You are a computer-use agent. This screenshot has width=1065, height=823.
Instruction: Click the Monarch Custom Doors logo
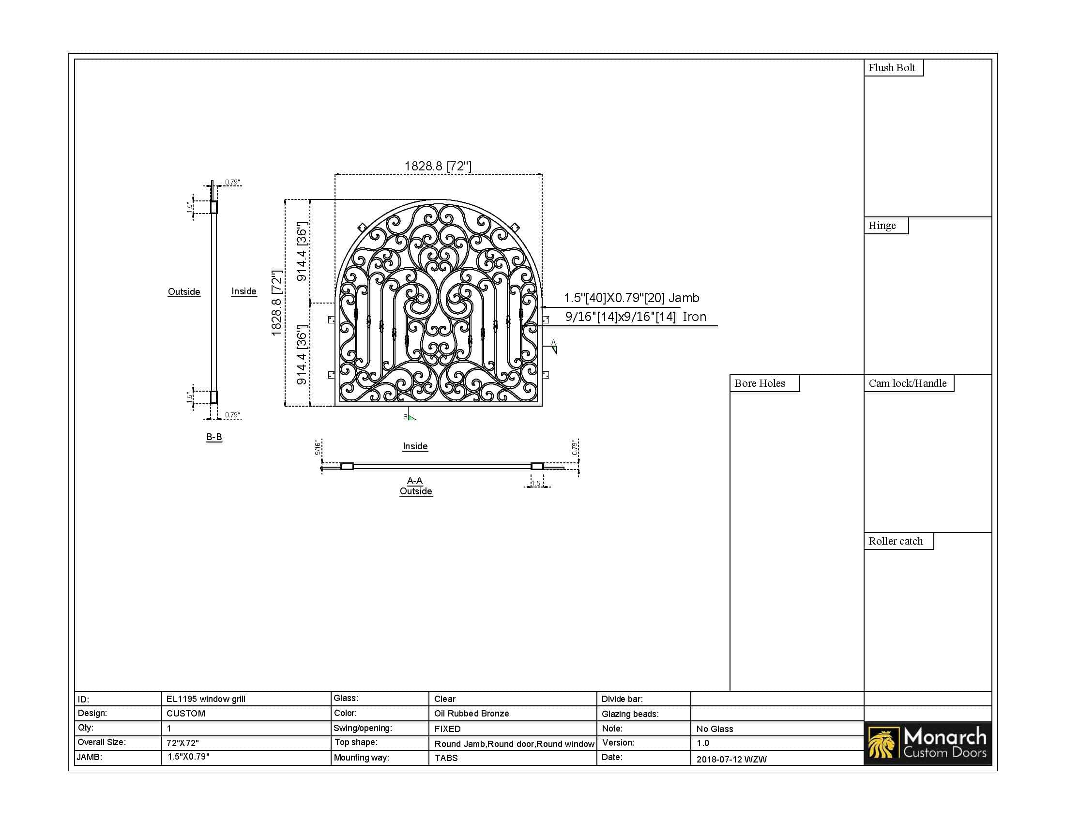coord(928,743)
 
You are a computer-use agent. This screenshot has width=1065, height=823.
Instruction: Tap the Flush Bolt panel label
coord(891,68)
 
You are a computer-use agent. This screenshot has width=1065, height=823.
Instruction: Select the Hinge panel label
coord(882,226)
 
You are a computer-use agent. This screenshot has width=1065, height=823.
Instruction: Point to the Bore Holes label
coord(760,383)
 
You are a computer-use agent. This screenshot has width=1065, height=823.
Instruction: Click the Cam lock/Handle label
coord(908,383)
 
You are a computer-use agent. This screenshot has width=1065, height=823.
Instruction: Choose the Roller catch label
coord(896,541)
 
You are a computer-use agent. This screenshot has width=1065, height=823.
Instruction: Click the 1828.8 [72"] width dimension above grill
coord(438,166)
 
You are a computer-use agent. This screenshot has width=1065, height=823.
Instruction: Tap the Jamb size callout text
coord(631,298)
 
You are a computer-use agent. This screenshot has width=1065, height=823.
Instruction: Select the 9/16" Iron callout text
coord(636,317)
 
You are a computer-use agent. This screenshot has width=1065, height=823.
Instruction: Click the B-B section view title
coord(214,437)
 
